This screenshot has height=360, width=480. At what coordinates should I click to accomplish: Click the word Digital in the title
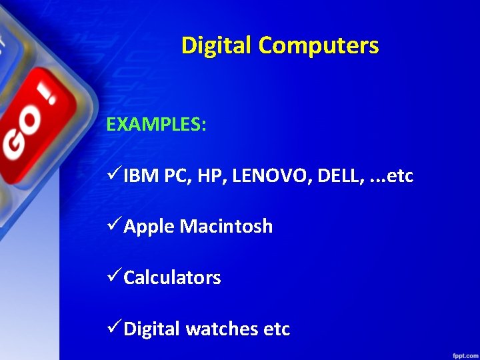tap(217, 46)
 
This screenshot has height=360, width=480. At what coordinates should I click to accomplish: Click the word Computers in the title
tap(319, 46)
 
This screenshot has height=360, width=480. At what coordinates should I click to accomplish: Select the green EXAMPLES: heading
tap(156, 125)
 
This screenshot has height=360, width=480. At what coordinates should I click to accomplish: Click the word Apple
tap(149, 227)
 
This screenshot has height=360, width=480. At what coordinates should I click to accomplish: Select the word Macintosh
tap(227, 227)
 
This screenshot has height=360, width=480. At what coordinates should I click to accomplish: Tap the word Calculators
tap(172, 277)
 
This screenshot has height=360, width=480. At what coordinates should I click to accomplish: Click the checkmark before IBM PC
tap(114, 175)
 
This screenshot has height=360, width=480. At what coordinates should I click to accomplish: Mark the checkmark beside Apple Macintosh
tap(114, 226)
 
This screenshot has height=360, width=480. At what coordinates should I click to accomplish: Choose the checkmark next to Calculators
tap(114, 277)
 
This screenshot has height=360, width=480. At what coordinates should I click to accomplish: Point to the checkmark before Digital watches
tap(114, 328)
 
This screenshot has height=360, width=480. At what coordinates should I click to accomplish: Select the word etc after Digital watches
tap(277, 329)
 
